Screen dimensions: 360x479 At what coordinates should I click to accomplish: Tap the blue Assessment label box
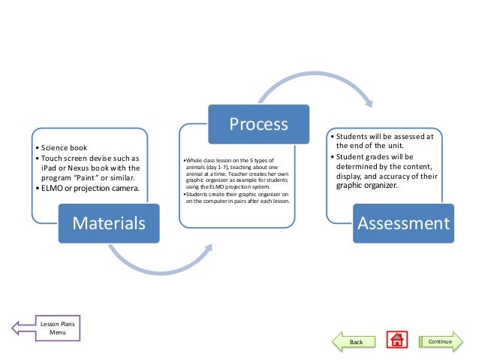403,222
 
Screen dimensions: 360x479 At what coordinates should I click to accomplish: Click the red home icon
396,341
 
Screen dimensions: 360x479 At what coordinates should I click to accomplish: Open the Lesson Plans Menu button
51,328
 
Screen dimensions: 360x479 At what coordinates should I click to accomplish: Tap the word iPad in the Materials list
50,168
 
